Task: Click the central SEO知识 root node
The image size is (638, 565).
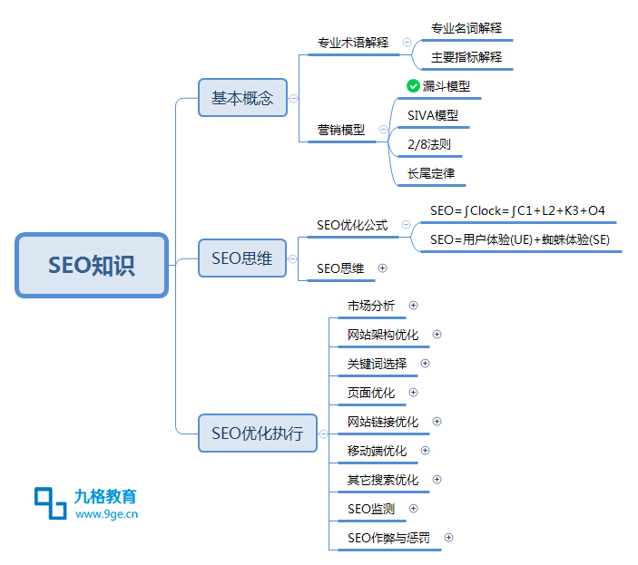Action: (92, 265)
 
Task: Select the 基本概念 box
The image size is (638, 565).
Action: (242, 98)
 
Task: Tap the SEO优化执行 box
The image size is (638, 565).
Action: (257, 433)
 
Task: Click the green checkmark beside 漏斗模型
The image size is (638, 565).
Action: (413, 86)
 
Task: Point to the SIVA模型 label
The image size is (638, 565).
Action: (433, 115)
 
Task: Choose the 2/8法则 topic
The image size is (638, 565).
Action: (429, 144)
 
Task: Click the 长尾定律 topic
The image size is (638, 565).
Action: (431, 173)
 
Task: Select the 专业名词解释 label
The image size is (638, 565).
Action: (466, 28)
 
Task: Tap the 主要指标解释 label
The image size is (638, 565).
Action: (466, 57)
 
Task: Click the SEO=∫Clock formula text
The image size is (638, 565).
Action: (517, 210)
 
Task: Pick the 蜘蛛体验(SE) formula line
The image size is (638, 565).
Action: (520, 239)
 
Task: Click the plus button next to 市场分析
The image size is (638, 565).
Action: (414, 306)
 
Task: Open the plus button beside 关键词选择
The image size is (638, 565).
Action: (426, 364)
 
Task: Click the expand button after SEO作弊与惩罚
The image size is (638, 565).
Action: (449, 538)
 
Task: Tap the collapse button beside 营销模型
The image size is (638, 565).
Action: (383, 130)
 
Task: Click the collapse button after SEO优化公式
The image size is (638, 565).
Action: (406, 224)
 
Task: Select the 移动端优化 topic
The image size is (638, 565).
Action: (377, 451)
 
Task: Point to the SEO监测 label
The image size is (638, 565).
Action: (371, 509)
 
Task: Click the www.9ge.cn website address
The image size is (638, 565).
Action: (106, 514)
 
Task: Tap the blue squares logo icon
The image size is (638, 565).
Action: (51, 503)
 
